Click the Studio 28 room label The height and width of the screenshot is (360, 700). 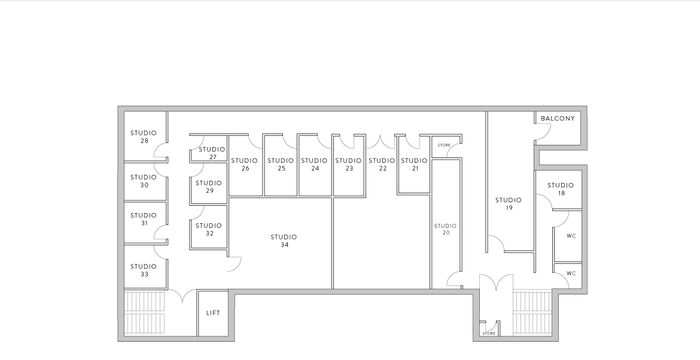(144, 136)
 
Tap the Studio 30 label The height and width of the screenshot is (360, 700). (144, 181)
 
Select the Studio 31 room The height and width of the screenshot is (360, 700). (144, 219)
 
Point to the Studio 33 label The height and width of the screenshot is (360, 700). (144, 269)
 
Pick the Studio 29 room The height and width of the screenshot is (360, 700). (209, 186)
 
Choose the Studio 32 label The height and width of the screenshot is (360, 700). (209, 229)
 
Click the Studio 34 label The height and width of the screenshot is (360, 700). (284, 240)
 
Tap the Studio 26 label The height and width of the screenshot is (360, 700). (245, 164)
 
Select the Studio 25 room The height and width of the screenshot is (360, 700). (281, 164)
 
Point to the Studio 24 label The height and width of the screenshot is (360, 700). (314, 164)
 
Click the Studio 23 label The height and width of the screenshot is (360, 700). (347, 164)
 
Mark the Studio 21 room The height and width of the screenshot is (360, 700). (413, 164)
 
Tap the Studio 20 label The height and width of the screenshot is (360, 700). (446, 229)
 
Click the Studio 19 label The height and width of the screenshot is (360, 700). (508, 204)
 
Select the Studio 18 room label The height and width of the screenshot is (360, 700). (561, 189)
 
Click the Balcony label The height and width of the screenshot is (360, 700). (557, 119)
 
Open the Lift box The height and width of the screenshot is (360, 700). (212, 313)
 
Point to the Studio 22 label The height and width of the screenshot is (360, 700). (380, 164)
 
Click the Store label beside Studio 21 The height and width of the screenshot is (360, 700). (445, 146)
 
